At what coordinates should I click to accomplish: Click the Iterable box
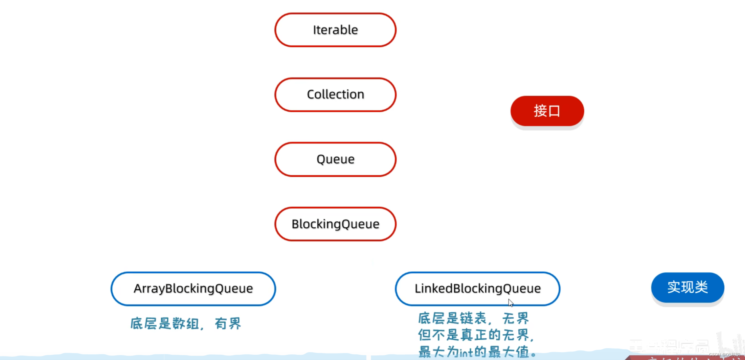(335, 30)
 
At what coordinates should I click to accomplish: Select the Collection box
(335, 95)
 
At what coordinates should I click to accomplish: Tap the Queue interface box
(335, 159)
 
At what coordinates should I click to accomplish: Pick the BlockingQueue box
(335, 224)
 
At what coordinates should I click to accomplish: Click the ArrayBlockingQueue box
(193, 289)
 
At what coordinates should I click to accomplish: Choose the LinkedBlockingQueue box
(477, 289)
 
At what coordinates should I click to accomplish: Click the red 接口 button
(547, 111)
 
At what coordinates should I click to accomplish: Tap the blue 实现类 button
(688, 287)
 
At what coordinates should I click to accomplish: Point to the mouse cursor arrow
(510, 303)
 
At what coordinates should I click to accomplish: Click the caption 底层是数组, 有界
(186, 324)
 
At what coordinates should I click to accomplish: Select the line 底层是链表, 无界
(473, 318)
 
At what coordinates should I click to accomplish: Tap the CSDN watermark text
(724, 355)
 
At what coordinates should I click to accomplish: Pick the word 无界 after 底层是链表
(515, 318)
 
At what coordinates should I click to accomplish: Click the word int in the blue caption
(466, 353)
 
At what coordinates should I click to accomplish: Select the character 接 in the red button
(540, 111)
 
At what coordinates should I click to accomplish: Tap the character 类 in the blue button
(701, 287)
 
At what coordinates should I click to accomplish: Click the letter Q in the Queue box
(321, 160)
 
